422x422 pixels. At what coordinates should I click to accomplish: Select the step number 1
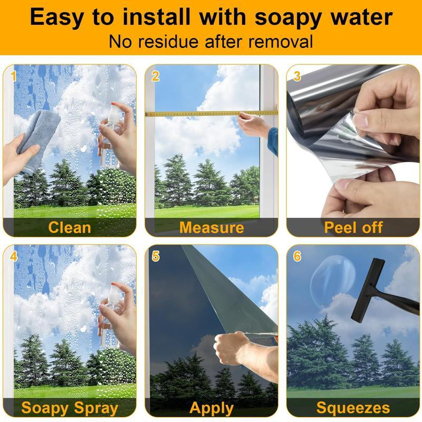pos(13,76)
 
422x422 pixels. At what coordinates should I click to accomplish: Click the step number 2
pos(155,76)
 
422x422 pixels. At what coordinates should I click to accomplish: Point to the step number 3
pos(297,76)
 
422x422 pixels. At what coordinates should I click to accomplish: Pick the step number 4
pos(14,256)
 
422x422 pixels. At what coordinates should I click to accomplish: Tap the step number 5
pos(156,256)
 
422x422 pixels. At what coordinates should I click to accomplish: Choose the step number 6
pos(297,256)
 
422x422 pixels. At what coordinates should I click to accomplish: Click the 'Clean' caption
pos(70,227)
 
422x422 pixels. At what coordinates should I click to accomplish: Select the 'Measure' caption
pos(212,227)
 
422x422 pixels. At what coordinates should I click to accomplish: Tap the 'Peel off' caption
pos(353,227)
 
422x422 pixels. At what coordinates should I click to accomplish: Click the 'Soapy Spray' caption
pos(70,408)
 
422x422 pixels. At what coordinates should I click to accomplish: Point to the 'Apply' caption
pos(212,408)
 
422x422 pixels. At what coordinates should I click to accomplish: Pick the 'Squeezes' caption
pos(353,408)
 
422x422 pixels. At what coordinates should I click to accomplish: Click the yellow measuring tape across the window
pos(212,113)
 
